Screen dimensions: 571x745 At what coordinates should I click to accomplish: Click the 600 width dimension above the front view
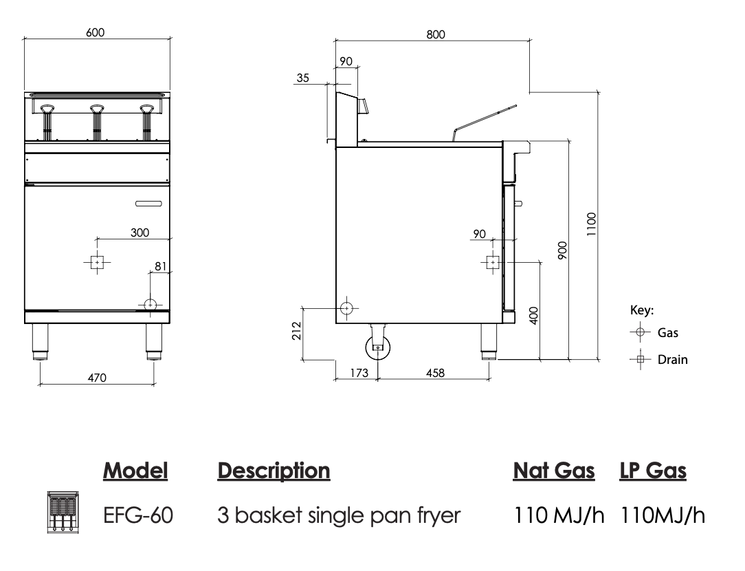96,32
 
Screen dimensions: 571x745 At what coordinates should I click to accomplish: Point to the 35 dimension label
302,78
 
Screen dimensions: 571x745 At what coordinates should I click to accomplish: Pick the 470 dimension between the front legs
96,376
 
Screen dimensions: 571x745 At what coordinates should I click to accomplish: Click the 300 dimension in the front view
140,233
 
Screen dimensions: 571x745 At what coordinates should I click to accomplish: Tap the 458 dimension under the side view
434,372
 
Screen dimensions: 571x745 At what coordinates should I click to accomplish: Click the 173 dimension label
359,372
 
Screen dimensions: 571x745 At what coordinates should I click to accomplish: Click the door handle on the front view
148,203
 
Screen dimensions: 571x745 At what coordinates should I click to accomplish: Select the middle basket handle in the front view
97,109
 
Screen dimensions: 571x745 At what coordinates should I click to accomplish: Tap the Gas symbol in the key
641,332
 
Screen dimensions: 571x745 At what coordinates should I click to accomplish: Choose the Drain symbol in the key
641,359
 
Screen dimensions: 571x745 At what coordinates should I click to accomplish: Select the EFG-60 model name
137,515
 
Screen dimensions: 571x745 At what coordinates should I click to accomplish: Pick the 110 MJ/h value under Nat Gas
560,515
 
